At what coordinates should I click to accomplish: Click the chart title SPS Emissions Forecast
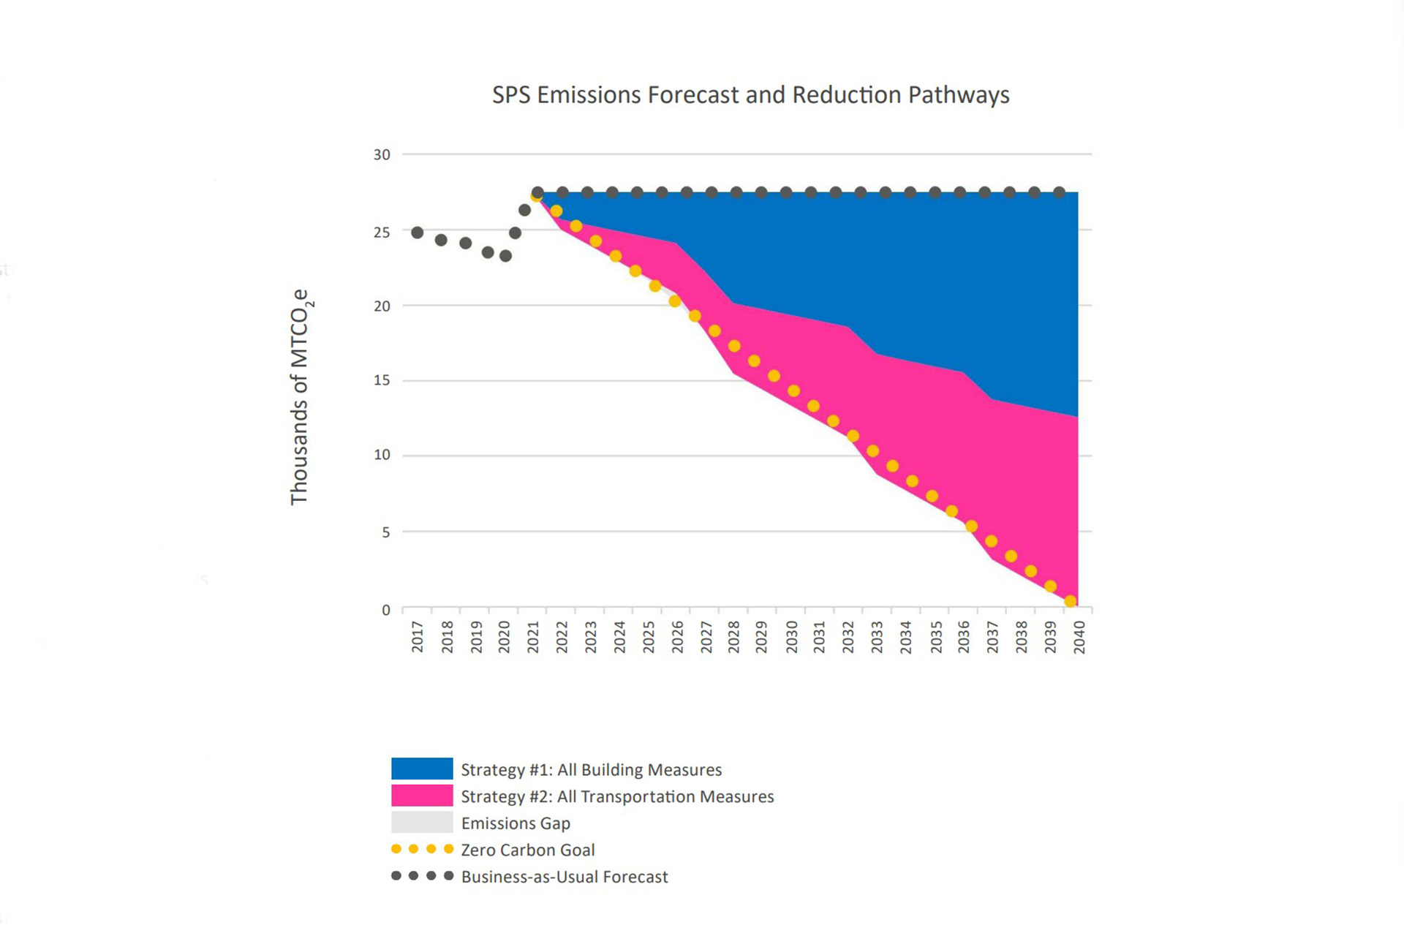pyautogui.click(x=750, y=95)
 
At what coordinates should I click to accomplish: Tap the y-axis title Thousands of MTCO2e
pyautogui.click(x=300, y=397)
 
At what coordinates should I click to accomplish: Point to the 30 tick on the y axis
pyautogui.click(x=382, y=155)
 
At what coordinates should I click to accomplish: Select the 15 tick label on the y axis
pyautogui.click(x=382, y=380)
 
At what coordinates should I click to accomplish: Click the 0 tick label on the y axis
pyautogui.click(x=386, y=610)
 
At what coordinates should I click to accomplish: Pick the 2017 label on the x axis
pyautogui.click(x=418, y=636)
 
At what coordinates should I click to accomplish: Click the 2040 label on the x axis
pyautogui.click(x=1079, y=636)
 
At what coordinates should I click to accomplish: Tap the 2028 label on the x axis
pyautogui.click(x=733, y=636)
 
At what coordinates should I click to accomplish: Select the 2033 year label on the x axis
pyautogui.click(x=877, y=636)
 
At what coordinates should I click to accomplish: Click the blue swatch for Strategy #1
pyautogui.click(x=422, y=769)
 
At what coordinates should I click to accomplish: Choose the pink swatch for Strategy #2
pyautogui.click(x=422, y=796)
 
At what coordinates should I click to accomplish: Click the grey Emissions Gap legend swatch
pyautogui.click(x=422, y=823)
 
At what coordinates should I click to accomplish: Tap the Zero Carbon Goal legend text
pyautogui.click(x=527, y=850)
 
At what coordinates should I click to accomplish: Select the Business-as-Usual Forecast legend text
pyautogui.click(x=565, y=877)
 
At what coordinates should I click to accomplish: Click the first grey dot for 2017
pyautogui.click(x=418, y=233)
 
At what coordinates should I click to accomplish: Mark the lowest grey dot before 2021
pyautogui.click(x=505, y=256)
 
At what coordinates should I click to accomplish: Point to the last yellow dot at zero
pyautogui.click(x=1071, y=601)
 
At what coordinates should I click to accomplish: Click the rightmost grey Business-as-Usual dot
pyautogui.click(x=1059, y=192)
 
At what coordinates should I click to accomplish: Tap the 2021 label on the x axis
pyautogui.click(x=533, y=636)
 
